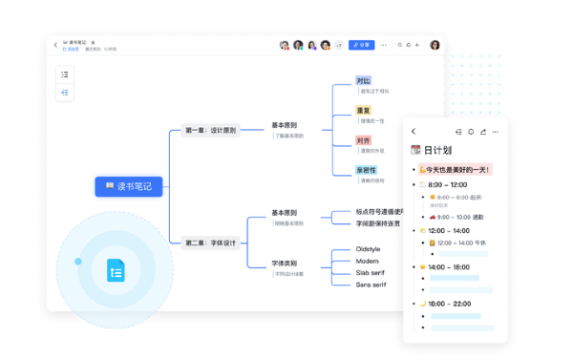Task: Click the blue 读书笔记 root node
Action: (x=129, y=186)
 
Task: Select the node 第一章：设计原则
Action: (x=210, y=130)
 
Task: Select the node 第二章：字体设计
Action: (x=210, y=243)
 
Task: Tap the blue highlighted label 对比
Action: (x=363, y=81)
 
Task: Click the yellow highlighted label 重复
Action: (x=363, y=111)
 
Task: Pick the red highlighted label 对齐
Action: (x=363, y=140)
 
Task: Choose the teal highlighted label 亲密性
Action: (x=366, y=170)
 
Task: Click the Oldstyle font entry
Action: (x=368, y=249)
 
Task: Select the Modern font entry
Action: (x=368, y=261)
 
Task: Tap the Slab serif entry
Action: (x=371, y=273)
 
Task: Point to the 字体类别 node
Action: (x=284, y=264)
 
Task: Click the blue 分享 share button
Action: (x=361, y=45)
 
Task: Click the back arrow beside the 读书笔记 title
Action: (x=55, y=45)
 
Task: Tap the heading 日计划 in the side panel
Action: (x=436, y=150)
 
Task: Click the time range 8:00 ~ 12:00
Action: (x=447, y=185)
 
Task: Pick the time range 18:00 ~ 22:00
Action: (x=450, y=304)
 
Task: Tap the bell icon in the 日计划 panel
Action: (x=471, y=132)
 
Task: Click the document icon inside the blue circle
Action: (x=116, y=270)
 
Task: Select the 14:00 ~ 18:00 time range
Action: (x=450, y=267)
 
